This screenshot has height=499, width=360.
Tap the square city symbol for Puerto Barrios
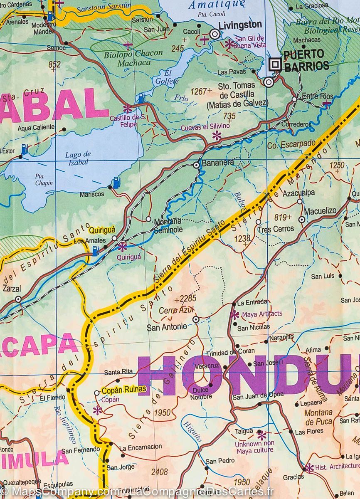pyautogui.click(x=275, y=64)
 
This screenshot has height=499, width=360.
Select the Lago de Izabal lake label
pyautogui.click(x=78, y=158)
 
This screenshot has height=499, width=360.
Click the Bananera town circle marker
pyautogui.click(x=196, y=165)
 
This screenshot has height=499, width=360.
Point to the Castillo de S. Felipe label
pyautogui.click(x=128, y=121)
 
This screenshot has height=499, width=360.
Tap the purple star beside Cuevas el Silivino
pyautogui.click(x=217, y=135)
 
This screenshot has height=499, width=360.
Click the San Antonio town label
pyautogui.click(x=167, y=327)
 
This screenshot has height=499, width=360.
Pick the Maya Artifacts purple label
pyautogui.click(x=262, y=314)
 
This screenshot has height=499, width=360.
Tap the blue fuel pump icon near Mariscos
pyautogui.click(x=116, y=181)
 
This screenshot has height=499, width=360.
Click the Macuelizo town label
pyautogui.click(x=320, y=211)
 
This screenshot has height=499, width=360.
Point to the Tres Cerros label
pyautogui.click(x=276, y=229)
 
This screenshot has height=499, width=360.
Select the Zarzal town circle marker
pyautogui.click(x=18, y=299)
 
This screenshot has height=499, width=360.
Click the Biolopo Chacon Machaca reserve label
pyautogui.click(x=127, y=58)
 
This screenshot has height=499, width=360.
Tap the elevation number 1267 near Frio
pyautogui.click(x=199, y=91)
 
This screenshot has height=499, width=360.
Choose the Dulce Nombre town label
pyautogui.click(x=201, y=393)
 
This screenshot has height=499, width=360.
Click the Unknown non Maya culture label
pyautogui.click(x=254, y=447)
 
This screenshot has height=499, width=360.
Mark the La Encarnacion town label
pyautogui.click(x=141, y=447)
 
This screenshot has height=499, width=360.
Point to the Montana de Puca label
pyautogui.click(x=318, y=417)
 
